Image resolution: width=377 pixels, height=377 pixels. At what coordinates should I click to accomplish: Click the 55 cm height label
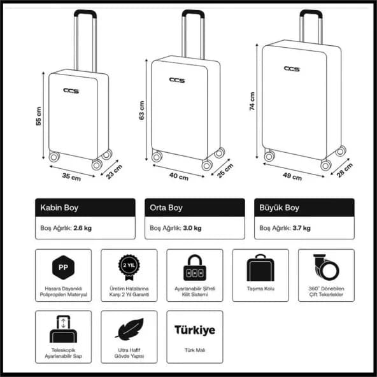(x=38, y=116)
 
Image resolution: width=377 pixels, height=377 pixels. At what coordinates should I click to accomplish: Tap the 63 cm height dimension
(x=141, y=110)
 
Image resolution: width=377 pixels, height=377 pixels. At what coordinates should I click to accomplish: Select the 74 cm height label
(x=252, y=101)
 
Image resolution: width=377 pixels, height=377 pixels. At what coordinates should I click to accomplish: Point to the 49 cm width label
(x=292, y=176)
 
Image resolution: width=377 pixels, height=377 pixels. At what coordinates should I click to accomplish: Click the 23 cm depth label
(x=114, y=172)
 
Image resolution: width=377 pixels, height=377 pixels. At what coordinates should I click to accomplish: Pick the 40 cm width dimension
(x=179, y=176)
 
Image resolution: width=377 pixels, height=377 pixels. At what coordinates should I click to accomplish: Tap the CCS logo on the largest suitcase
(x=292, y=69)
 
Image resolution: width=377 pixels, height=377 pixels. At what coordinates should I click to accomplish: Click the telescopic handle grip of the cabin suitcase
(x=85, y=13)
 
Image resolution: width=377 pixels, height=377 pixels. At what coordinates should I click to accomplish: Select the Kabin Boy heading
(x=59, y=208)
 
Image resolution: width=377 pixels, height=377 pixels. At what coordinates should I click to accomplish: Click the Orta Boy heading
(x=166, y=208)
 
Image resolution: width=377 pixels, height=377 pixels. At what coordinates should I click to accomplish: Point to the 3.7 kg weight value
(x=301, y=228)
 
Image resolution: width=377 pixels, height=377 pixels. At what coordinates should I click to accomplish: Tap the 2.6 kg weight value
(x=83, y=228)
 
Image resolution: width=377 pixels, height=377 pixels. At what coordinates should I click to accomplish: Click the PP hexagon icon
(x=63, y=267)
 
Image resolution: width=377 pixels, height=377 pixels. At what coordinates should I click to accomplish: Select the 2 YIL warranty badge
(x=129, y=267)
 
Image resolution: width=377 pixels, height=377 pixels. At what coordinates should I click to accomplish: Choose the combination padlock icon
(x=195, y=267)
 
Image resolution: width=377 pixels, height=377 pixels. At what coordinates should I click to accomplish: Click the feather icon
(x=129, y=329)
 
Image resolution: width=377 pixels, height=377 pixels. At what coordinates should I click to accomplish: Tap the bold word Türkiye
(x=195, y=330)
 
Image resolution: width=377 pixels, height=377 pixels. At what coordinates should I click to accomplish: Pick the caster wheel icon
(x=326, y=267)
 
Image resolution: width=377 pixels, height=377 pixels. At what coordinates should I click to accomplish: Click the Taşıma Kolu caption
(x=260, y=288)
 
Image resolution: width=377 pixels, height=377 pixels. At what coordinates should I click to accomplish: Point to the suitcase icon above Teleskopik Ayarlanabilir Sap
(x=63, y=329)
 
